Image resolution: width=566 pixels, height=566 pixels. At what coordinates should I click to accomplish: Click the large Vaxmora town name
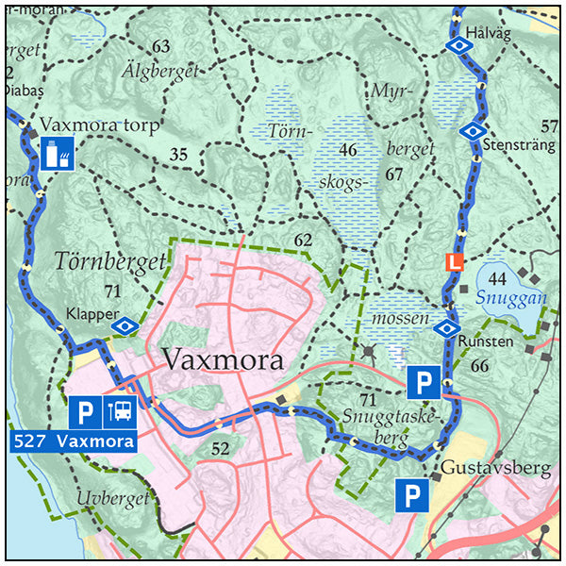point(224,360)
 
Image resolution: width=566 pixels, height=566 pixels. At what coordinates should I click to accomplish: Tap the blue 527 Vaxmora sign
point(73,441)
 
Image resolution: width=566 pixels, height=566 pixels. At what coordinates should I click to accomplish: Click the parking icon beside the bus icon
point(85,411)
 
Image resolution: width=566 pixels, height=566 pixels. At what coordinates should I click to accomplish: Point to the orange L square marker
point(456,262)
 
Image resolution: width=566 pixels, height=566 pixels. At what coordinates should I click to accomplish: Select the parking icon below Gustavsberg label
point(412,495)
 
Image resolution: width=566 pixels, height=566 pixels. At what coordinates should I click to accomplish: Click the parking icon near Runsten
point(424,383)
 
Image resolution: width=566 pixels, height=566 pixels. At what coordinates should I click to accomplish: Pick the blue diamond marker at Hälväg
point(458,44)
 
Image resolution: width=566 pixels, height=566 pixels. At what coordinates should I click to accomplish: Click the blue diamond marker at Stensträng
point(472,131)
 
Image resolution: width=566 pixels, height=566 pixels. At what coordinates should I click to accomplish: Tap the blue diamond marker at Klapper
point(125,326)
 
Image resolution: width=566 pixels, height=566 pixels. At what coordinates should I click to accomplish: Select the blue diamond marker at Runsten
point(445,328)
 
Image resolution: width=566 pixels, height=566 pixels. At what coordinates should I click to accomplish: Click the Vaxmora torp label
point(101,125)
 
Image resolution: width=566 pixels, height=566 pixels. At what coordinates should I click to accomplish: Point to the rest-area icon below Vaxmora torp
point(57,153)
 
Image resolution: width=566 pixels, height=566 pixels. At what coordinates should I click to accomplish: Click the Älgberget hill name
point(160,71)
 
